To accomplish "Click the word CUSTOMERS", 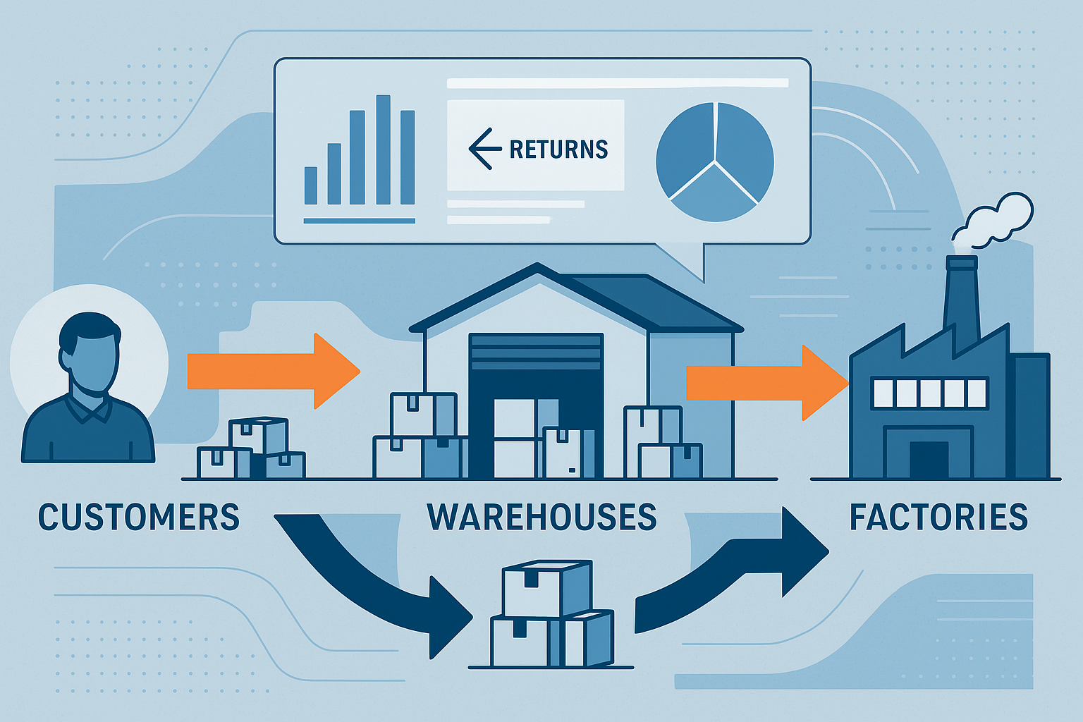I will (x=139, y=517).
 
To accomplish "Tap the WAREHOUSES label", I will (x=541, y=517).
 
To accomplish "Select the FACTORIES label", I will (x=938, y=517).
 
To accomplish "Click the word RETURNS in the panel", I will (x=558, y=149).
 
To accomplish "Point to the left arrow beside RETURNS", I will (x=481, y=149).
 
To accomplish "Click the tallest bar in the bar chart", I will (x=383, y=149).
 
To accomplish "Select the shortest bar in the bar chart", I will (x=310, y=185).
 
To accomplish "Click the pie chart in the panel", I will (x=714, y=161).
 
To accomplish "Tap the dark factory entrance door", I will (x=929, y=460).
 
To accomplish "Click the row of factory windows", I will (x=929, y=393).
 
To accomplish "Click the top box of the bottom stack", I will (x=546, y=589).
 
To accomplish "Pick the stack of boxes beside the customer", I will (x=252, y=449).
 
